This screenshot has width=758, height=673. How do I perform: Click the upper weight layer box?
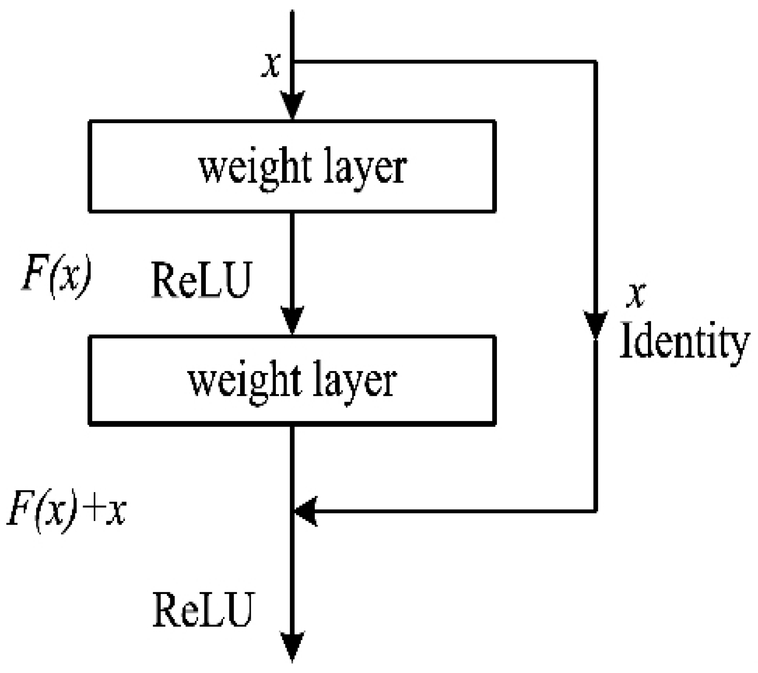pos(292,166)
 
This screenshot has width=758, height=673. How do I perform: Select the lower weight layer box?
pos(292,380)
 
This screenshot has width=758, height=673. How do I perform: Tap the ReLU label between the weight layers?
pos(202,280)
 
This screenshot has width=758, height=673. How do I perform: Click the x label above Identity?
pos(636,296)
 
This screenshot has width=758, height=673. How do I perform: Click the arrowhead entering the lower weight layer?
pos(293,320)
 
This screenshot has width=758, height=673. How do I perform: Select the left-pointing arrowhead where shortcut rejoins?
pos(306,511)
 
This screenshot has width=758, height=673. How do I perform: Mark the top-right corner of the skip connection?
pos(595,62)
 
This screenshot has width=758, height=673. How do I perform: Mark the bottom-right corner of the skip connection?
pos(595,511)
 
